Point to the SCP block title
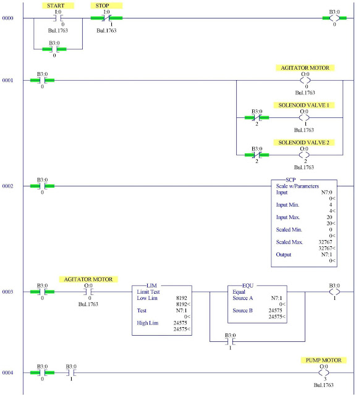tap(307, 180)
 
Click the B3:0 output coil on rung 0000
tap(334, 18)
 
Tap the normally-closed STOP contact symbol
tap(106, 18)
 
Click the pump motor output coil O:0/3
tap(321, 373)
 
